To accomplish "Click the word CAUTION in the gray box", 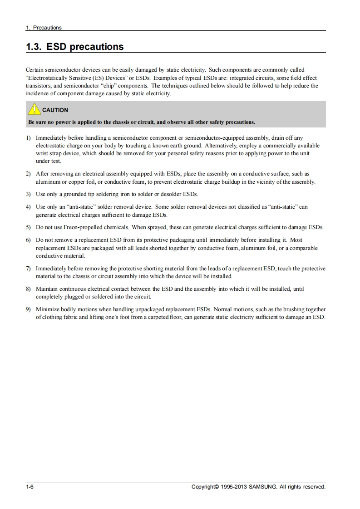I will coord(55,110).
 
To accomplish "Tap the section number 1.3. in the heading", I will coord(35,47).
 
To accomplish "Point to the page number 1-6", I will coord(30,487).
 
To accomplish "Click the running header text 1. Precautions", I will coord(44,28).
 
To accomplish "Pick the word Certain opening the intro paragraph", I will coord(35,70).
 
